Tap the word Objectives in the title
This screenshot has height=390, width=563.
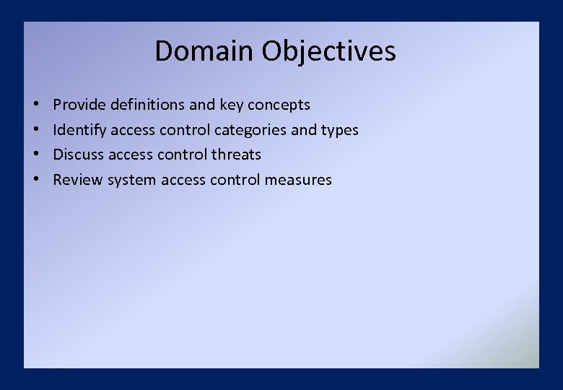pos(329,52)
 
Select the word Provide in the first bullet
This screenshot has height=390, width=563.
pos(79,105)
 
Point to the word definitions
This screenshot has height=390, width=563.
pos(147,105)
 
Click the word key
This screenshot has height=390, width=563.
pos(232,105)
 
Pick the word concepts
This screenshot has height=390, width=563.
pos(279,105)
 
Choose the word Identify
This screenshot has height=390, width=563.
pos(79,130)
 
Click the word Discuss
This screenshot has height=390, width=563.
pos(79,155)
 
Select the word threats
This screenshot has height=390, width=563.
pos(237,155)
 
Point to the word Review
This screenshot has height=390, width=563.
pos(78,180)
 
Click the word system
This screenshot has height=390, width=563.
pos(132,181)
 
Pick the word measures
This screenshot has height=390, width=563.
pos(298,180)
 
